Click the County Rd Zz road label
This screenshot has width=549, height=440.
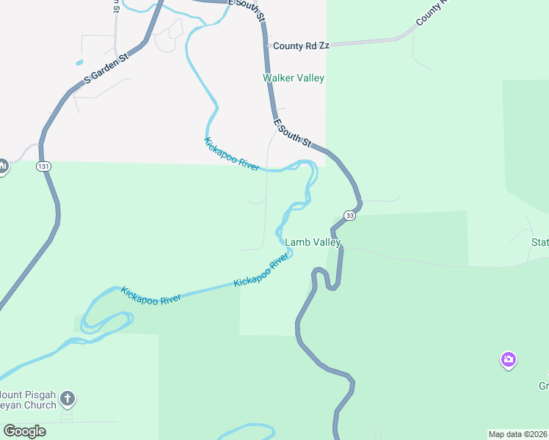pyautogui.click(x=301, y=45)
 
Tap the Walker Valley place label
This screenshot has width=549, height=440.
pyautogui.click(x=294, y=78)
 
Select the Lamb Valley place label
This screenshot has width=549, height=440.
pyautogui.click(x=313, y=242)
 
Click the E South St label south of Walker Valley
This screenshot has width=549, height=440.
pyautogui.click(x=293, y=133)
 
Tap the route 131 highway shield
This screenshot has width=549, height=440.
pyautogui.click(x=43, y=167)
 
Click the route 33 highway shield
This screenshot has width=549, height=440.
pyautogui.click(x=349, y=216)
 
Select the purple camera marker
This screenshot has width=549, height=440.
pyautogui.click(x=508, y=360)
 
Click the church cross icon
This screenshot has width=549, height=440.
pyautogui.click(x=67, y=399)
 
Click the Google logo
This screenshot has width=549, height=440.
pyautogui.click(x=24, y=431)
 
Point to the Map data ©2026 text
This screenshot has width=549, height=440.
pyautogui.click(x=517, y=434)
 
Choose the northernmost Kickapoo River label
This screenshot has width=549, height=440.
pyautogui.click(x=232, y=154)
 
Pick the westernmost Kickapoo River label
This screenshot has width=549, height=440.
pyautogui.click(x=152, y=296)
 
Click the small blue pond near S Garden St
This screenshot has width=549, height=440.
pyautogui.click(x=79, y=62)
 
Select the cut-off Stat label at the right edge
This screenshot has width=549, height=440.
pyautogui.click(x=539, y=242)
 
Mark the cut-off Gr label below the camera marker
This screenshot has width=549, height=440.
pyautogui.click(x=543, y=386)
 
